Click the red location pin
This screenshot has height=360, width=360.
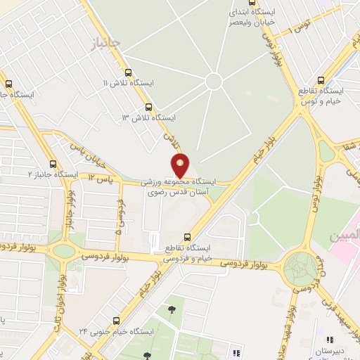(181, 166)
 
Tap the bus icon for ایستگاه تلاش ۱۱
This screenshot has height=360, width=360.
(127, 72)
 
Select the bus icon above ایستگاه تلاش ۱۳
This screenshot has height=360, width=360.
(148, 108)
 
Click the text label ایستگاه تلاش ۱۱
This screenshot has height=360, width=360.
(128, 83)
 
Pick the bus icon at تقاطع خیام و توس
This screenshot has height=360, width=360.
(321, 80)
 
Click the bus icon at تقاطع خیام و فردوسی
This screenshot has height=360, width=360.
(186, 237)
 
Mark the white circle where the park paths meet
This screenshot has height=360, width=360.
(214, 82)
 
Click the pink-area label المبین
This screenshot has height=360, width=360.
(347, 232)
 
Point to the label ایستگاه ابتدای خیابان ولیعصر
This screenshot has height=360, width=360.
(254, 18)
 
